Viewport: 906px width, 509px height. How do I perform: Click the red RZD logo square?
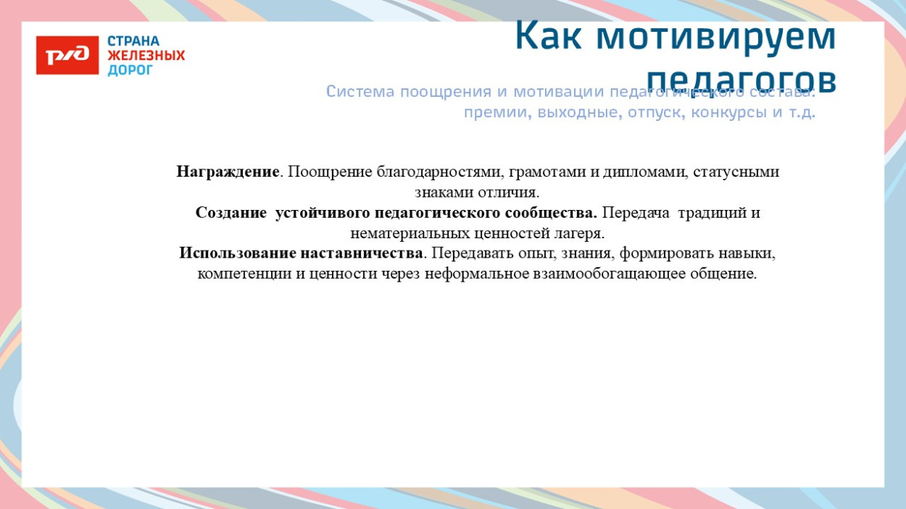click(x=67, y=55)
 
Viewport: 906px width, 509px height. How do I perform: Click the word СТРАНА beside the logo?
click(x=133, y=41)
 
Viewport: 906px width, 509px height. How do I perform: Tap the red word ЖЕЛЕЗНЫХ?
click(x=146, y=56)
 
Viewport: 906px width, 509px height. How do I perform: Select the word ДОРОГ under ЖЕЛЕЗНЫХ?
click(x=130, y=70)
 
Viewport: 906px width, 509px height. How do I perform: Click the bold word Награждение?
click(x=228, y=172)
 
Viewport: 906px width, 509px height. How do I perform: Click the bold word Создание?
click(x=231, y=214)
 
